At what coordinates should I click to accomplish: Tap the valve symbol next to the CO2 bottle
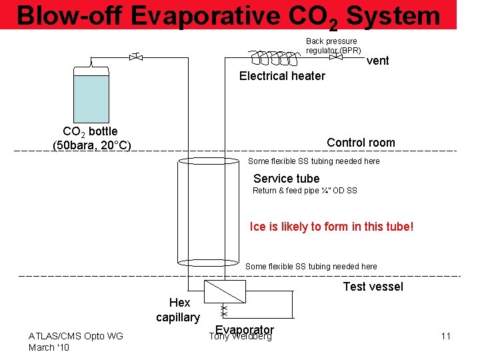pyautogui.click(x=136, y=57)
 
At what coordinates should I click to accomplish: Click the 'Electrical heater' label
pyautogui.click(x=282, y=76)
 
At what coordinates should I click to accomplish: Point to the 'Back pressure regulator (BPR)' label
pyautogui.click(x=333, y=45)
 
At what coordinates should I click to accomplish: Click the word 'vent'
pyautogui.click(x=378, y=61)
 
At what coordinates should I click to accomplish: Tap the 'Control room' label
pyautogui.click(x=361, y=143)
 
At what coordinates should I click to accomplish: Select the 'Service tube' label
pyautogui.click(x=286, y=179)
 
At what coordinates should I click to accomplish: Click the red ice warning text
pyautogui.click(x=331, y=227)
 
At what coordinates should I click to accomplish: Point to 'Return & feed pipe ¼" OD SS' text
pyautogui.click(x=305, y=191)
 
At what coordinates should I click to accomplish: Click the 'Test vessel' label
pyautogui.click(x=373, y=287)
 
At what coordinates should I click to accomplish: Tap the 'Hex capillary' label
pyautogui.click(x=178, y=310)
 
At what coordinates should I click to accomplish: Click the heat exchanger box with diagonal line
pyautogui.click(x=223, y=292)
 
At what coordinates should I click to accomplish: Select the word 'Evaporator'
pyautogui.click(x=244, y=330)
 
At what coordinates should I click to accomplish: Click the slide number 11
pyautogui.click(x=446, y=336)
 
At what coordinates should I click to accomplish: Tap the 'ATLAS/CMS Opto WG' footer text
pyautogui.click(x=75, y=336)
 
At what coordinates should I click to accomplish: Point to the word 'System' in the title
pyautogui.click(x=393, y=16)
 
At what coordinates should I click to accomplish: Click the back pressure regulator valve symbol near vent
pyautogui.click(x=337, y=57)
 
